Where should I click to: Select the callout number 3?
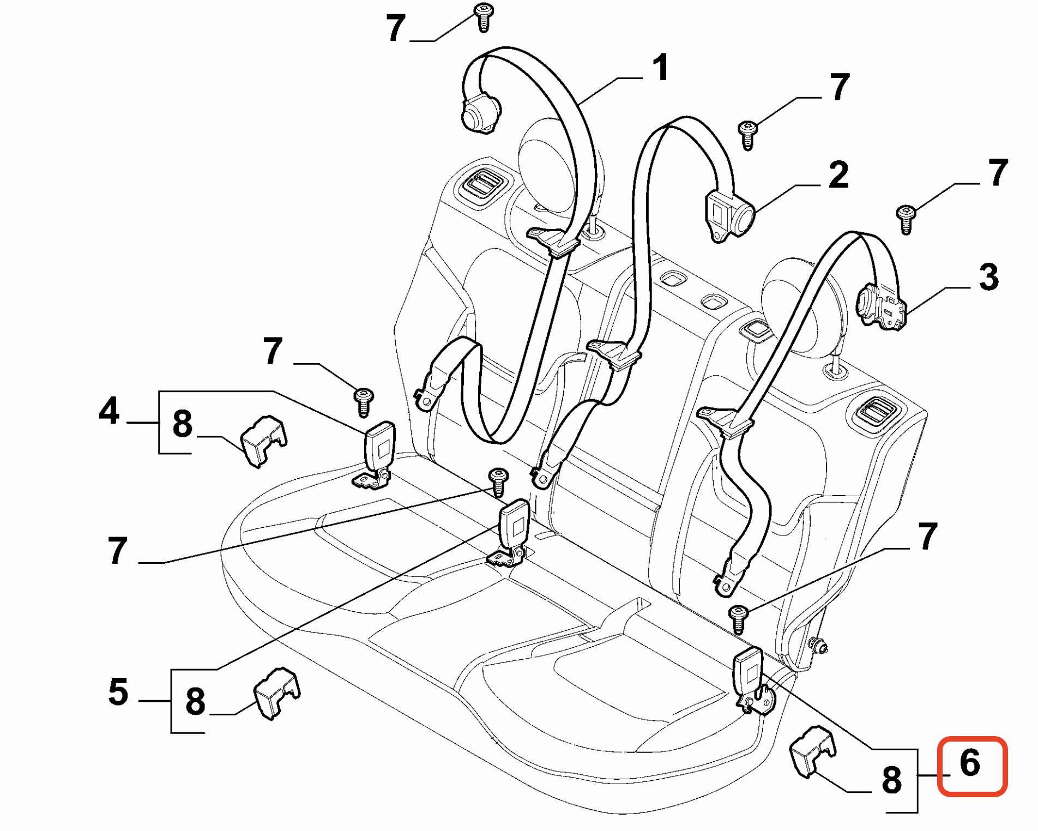[988, 277]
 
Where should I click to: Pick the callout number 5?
[118, 692]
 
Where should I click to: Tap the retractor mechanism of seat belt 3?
[880, 308]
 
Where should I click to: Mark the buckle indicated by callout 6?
[748, 674]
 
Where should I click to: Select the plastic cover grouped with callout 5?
[277, 692]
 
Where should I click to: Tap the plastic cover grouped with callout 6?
[812, 749]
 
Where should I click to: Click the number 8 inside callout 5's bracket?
[195, 701]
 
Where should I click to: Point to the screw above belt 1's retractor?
[483, 16]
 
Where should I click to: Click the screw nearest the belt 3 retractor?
[906, 218]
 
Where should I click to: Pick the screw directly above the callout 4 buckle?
[364, 401]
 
